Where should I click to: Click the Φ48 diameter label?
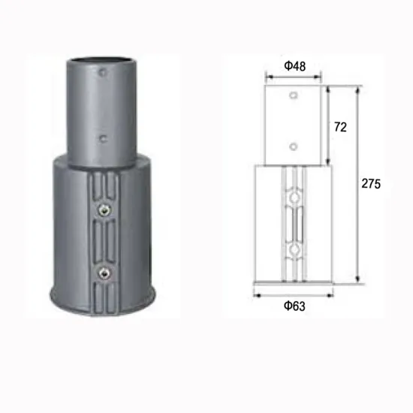294,65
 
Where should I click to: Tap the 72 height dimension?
339,127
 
